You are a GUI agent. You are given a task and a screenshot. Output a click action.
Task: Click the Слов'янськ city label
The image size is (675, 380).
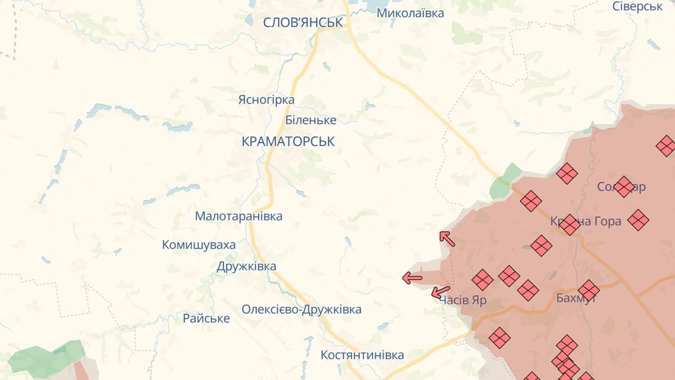point(303,23)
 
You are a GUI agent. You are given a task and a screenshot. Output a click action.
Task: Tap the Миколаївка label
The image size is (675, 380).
point(410,13)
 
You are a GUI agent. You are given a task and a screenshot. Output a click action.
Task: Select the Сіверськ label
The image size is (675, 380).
point(637,6)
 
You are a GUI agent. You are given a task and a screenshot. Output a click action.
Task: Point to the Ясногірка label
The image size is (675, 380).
point(266,100)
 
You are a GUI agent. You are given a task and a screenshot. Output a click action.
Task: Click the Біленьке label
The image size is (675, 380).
point(310,120)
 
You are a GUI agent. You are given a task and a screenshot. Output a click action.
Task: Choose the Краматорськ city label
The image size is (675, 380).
point(288,141)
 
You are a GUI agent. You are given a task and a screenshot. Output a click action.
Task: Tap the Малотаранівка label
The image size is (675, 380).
point(238,216)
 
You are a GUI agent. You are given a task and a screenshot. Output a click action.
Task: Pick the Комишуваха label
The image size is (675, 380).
point(199,245)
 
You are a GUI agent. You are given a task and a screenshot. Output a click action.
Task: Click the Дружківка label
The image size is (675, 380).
point(246,266)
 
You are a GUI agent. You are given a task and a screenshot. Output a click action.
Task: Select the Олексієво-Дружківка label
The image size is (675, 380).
point(301,310)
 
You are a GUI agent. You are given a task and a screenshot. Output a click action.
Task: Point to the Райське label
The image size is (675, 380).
point(206,319)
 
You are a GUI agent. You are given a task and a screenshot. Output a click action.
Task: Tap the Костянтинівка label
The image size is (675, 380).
point(362,355)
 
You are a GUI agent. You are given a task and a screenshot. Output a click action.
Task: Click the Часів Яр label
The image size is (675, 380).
point(463,300)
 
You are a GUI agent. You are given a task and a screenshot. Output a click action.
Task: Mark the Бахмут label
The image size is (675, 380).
point(575,298)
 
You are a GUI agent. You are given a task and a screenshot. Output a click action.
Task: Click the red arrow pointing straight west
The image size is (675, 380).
point(412,277)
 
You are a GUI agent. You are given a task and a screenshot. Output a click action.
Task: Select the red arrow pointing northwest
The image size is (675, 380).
point(447,239)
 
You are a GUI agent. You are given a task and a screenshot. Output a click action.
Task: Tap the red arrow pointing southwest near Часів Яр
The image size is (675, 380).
point(440,292)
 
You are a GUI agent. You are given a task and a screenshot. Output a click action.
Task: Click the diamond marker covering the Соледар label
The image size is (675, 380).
point(623,186)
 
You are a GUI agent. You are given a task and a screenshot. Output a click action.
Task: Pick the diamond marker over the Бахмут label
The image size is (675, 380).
point(589,290)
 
